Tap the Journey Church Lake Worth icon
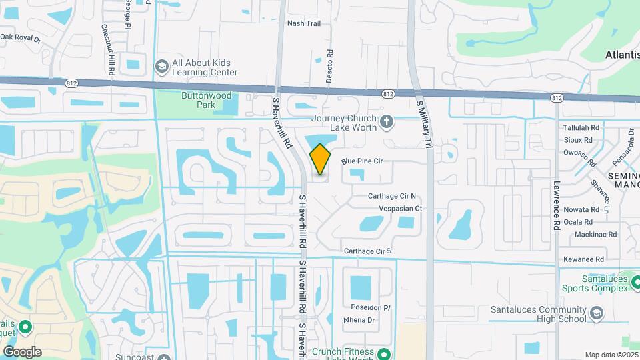click(x=386, y=121)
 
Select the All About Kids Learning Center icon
click(x=161, y=67)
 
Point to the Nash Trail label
click(x=303, y=23)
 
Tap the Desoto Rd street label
click(x=329, y=68)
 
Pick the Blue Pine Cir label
click(x=362, y=161)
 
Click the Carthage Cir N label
click(x=392, y=196)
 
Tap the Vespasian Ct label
click(x=401, y=208)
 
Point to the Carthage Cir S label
click(x=367, y=251)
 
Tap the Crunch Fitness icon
click(x=383, y=353)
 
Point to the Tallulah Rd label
click(x=582, y=127)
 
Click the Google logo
click(x=22, y=352)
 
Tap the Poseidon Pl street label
click(x=370, y=307)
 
